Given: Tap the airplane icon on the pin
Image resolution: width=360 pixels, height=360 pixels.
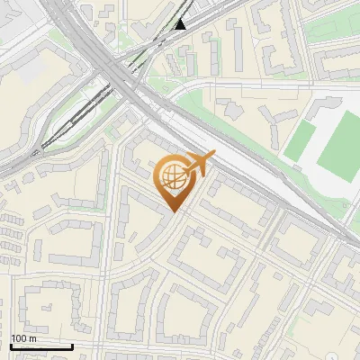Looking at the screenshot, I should click(x=199, y=164).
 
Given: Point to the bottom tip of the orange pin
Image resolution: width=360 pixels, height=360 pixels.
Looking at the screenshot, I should click(x=172, y=211).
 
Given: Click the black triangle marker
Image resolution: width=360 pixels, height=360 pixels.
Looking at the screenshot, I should click(x=180, y=22).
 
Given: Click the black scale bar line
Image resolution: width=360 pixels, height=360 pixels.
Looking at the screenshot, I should click(x=41, y=346).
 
